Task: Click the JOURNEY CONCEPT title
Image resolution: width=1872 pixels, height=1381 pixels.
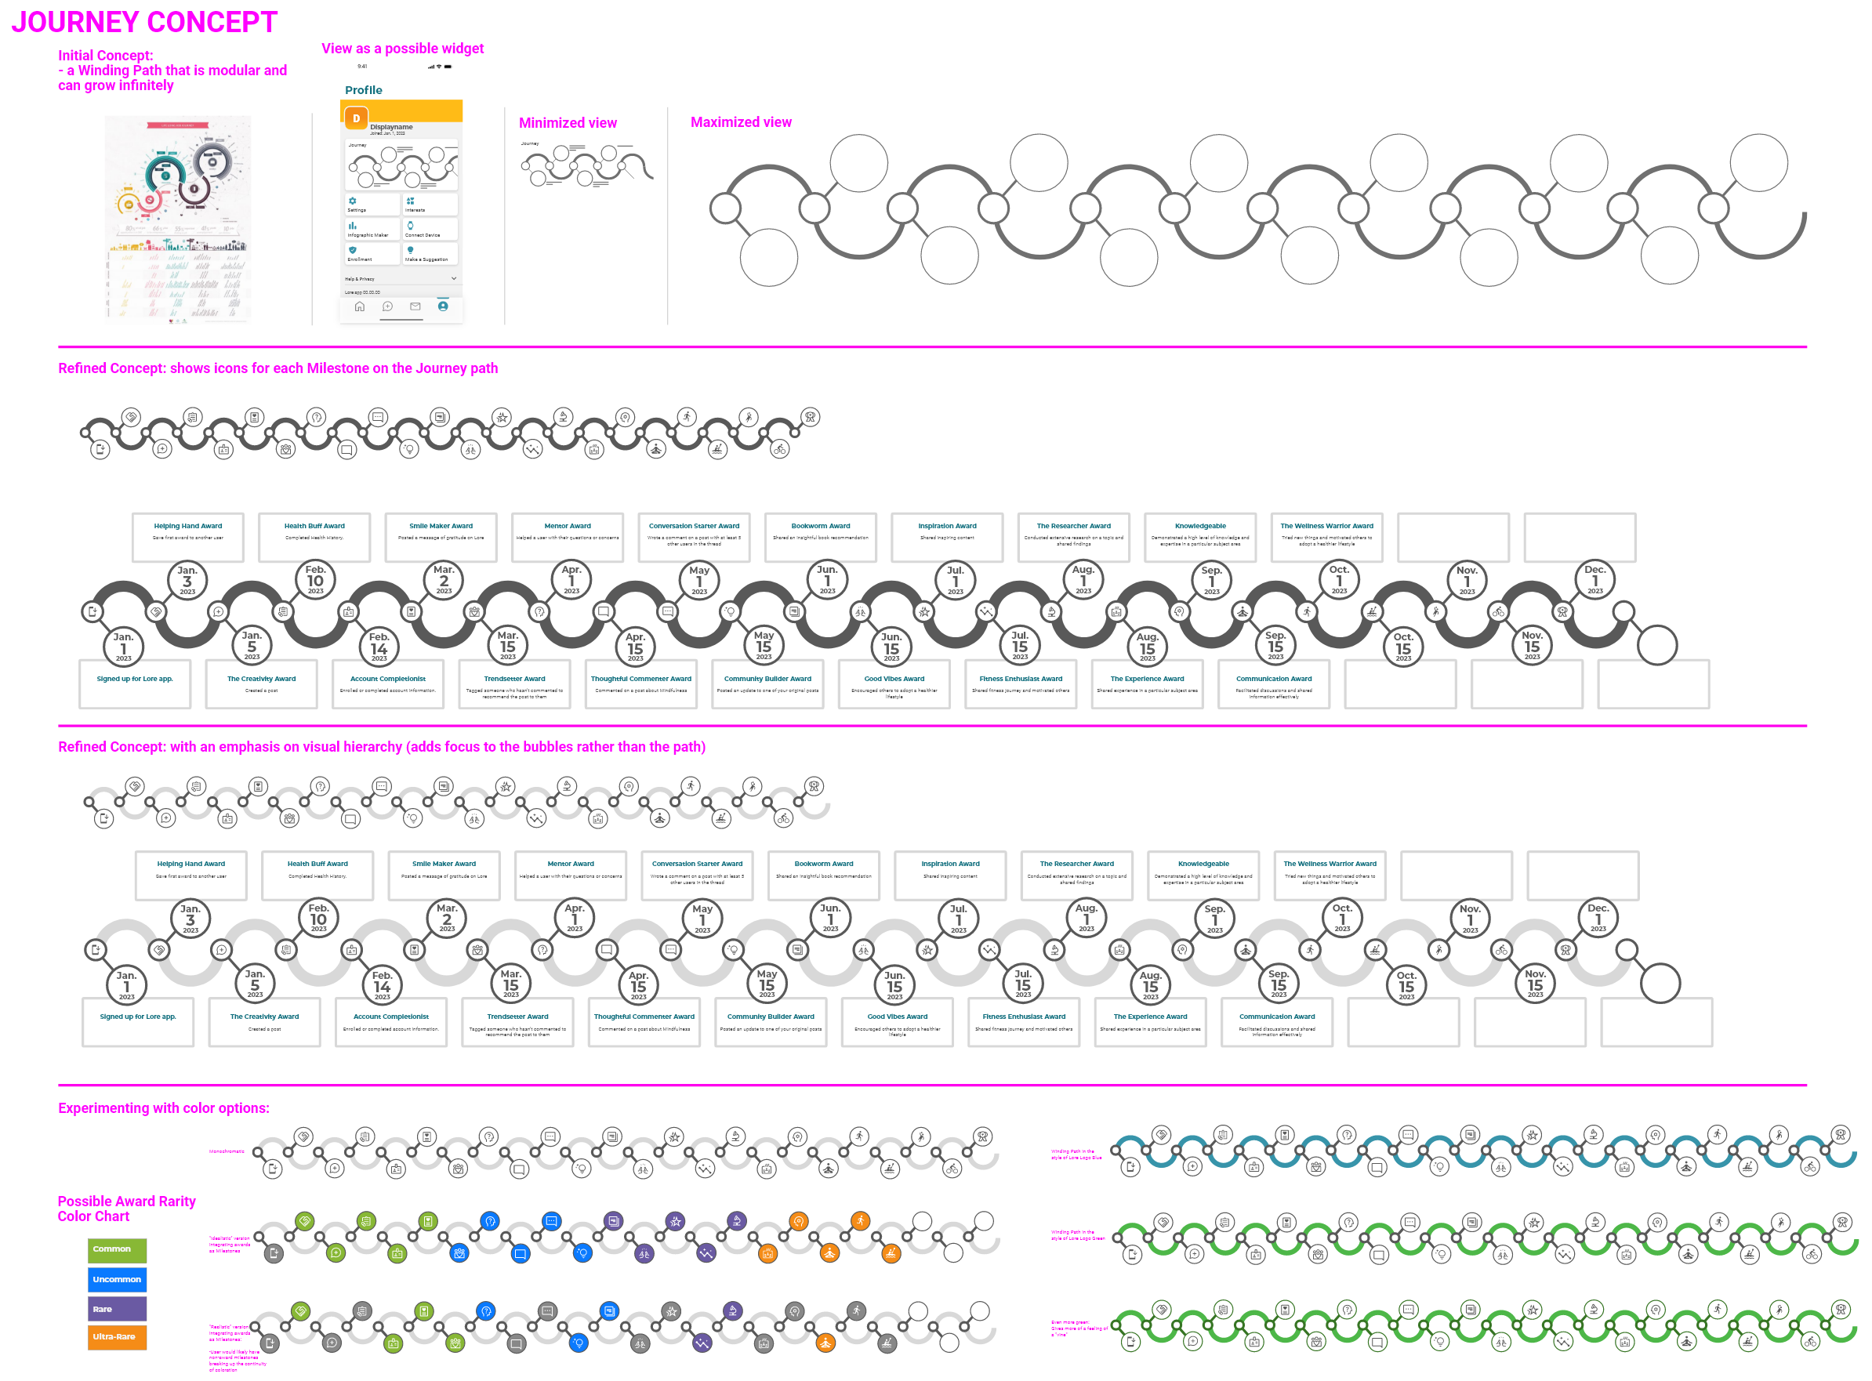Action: (143, 23)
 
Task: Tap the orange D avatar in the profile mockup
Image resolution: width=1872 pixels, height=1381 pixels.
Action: (356, 118)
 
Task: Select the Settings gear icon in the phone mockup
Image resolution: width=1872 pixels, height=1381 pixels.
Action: (353, 201)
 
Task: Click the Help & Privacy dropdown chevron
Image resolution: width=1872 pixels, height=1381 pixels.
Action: (454, 278)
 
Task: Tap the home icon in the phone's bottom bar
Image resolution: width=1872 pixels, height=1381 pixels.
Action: (360, 306)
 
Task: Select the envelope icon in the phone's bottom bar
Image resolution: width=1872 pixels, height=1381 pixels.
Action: (415, 306)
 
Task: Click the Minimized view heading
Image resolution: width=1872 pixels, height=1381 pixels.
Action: (568, 123)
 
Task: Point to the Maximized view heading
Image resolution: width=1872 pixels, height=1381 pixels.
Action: (741, 122)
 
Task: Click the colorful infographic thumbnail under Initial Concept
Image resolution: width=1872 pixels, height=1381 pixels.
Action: (177, 219)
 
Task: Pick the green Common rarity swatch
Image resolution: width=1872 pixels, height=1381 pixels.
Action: (117, 1250)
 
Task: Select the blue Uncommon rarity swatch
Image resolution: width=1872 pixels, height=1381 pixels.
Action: (117, 1280)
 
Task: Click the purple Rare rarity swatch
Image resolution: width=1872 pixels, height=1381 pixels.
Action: (117, 1309)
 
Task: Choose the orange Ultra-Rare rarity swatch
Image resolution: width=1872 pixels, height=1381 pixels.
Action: (117, 1338)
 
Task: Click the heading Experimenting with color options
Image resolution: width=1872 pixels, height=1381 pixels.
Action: (164, 1108)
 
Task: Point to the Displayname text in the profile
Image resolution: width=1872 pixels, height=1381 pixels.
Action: (391, 127)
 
